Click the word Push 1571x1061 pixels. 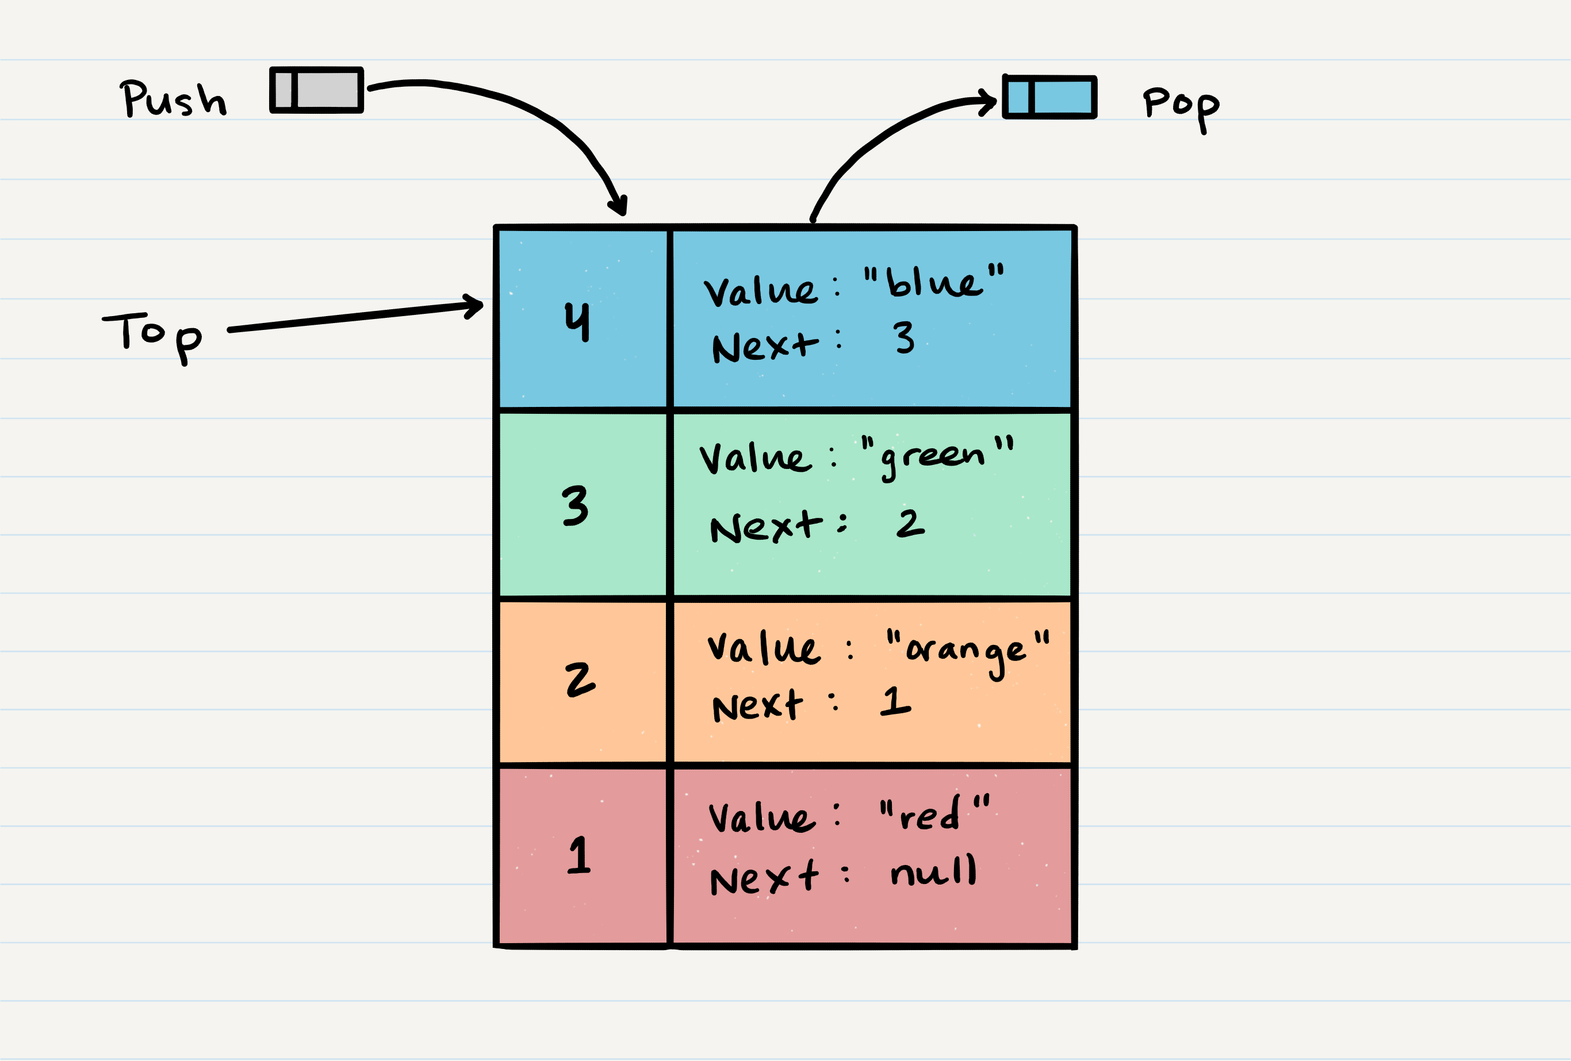173,99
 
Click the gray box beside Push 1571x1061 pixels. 316,90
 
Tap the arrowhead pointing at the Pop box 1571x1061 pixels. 989,103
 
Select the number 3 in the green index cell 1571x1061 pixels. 575,505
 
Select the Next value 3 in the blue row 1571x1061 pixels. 904,337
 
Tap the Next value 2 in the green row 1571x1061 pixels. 910,524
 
